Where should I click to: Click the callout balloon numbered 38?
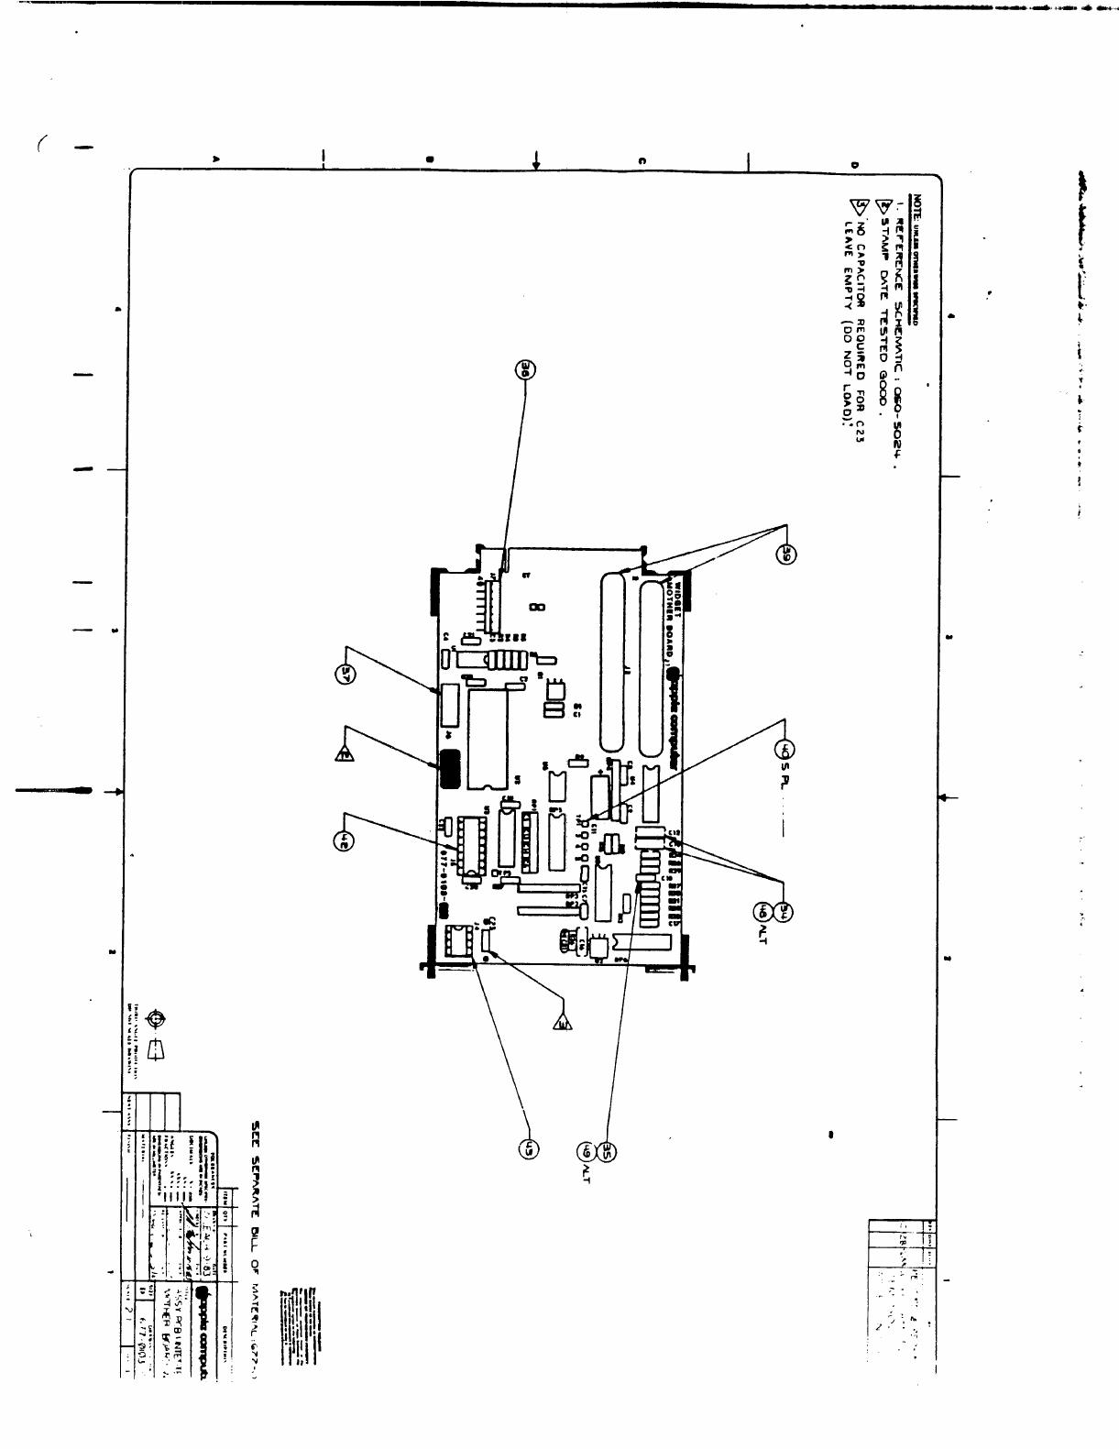(528, 370)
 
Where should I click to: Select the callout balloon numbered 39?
(785, 554)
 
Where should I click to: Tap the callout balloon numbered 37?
(346, 674)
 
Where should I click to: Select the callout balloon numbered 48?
(763, 911)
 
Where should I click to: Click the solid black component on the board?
(449, 769)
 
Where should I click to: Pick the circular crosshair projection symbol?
(157, 1019)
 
